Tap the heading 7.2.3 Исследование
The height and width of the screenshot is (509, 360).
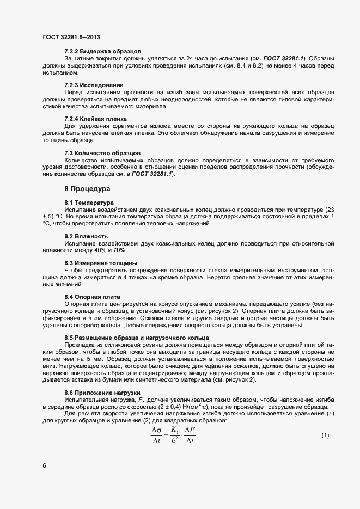94,85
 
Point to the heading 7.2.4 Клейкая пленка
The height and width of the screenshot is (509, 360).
95,119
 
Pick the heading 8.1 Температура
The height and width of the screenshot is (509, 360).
89,203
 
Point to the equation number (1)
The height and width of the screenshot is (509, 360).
325,435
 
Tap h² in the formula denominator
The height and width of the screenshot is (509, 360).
174,441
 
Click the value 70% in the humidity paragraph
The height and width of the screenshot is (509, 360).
119,250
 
